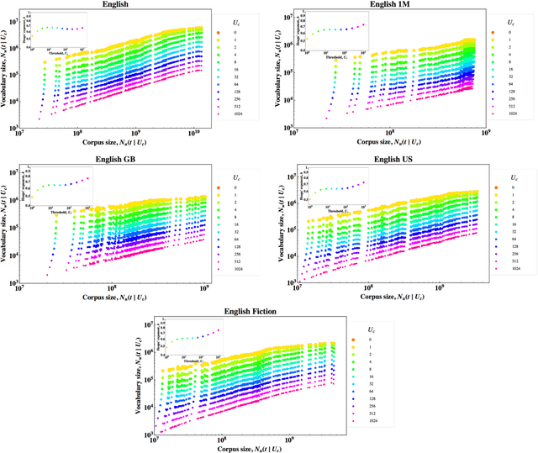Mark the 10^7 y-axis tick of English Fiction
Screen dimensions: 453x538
pyautogui.click(x=148, y=324)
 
